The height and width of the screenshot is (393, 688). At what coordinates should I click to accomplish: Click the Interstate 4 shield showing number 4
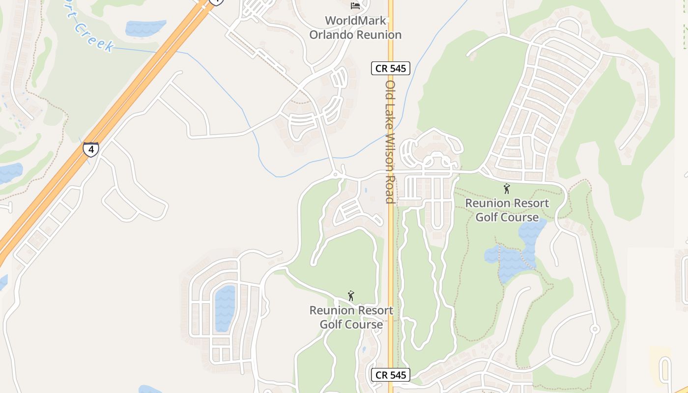(90, 149)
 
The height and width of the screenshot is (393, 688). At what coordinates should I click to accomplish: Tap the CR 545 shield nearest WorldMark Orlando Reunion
(391, 68)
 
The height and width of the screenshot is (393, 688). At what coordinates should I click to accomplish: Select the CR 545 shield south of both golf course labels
(391, 375)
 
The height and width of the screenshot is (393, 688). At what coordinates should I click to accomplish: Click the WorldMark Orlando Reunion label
(355, 28)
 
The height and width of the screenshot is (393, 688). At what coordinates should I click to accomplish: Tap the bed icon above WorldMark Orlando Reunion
(355, 6)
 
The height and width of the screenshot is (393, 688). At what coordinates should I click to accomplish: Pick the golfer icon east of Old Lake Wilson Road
(507, 188)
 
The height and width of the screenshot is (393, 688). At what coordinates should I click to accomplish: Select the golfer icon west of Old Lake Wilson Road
(351, 296)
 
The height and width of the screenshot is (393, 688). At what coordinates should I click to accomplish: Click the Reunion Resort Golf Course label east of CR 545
(507, 210)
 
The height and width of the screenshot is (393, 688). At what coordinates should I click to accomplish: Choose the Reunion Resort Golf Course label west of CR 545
(351, 317)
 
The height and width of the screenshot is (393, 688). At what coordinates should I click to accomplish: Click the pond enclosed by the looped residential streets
(225, 308)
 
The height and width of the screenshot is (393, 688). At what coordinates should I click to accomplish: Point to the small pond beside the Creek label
(145, 28)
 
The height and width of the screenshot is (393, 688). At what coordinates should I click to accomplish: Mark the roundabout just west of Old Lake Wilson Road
(336, 174)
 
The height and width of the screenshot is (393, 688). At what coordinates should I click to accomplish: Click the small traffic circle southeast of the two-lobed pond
(595, 329)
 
